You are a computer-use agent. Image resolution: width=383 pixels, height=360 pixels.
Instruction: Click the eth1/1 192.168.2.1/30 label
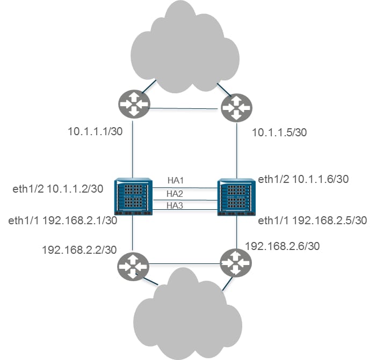(x=63, y=221)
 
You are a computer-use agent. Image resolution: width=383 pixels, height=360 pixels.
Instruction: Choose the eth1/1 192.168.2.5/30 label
(x=313, y=221)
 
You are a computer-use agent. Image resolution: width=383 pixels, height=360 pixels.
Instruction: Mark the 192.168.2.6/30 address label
(x=283, y=246)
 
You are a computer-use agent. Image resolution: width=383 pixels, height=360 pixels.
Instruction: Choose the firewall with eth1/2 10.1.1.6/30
(x=236, y=197)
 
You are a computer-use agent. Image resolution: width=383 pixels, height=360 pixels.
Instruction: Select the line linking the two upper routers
(x=184, y=109)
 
